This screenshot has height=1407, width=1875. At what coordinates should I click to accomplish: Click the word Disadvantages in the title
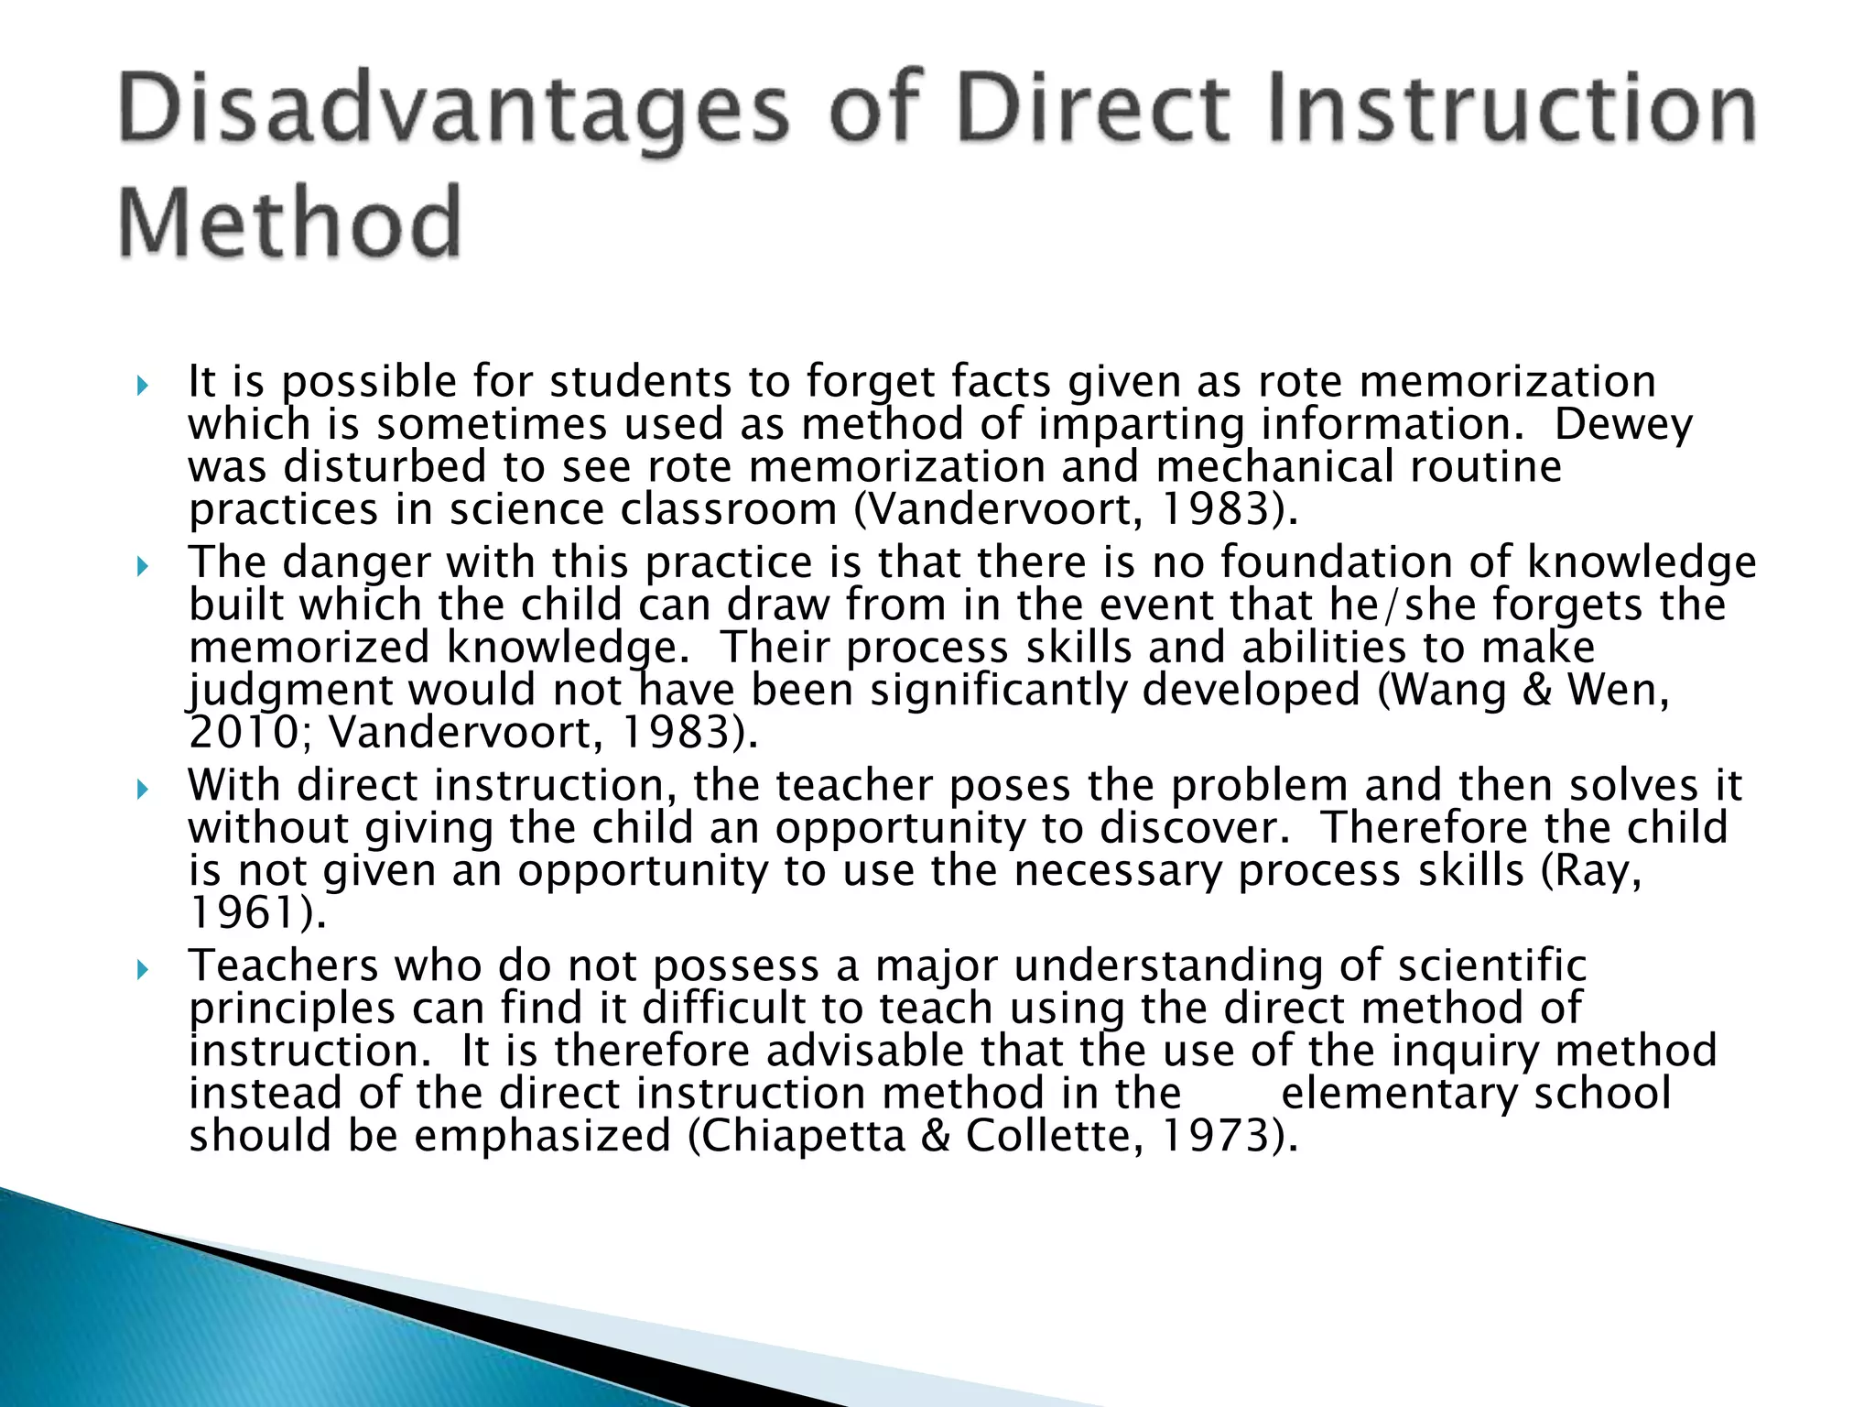452,112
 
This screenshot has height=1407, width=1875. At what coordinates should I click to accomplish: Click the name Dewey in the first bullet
1623,424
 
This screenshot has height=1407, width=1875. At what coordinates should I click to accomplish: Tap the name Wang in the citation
1442,690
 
